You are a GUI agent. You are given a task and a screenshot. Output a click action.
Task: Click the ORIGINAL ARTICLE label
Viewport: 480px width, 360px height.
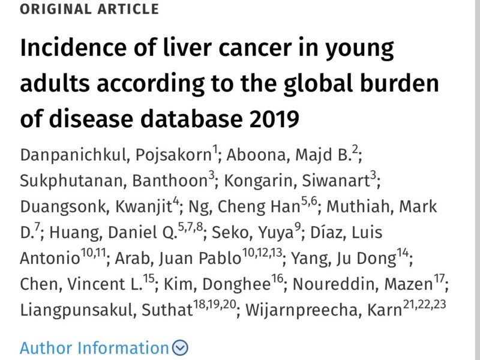point(90,10)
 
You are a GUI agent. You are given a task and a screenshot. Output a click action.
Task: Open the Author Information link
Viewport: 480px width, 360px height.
point(94,348)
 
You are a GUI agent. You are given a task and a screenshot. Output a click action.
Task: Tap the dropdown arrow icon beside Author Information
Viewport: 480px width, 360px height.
point(180,348)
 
